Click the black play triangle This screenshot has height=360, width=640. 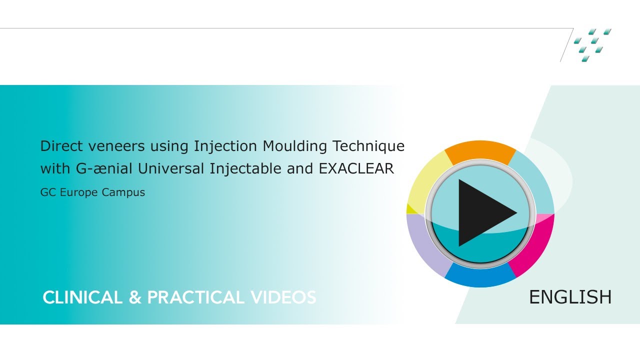[x=482, y=213]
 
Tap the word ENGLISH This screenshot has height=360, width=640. [x=570, y=297]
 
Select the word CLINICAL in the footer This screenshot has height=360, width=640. [x=83, y=297]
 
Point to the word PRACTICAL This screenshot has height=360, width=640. [x=195, y=297]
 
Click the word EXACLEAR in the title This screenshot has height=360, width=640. [x=356, y=169]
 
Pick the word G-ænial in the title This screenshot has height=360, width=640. [x=104, y=169]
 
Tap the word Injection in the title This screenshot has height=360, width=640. [x=226, y=146]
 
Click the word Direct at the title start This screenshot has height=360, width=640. [x=56, y=146]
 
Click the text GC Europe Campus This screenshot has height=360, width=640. [x=92, y=192]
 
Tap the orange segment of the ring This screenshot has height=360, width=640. [x=480, y=151]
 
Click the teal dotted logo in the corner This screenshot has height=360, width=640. [x=592, y=45]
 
